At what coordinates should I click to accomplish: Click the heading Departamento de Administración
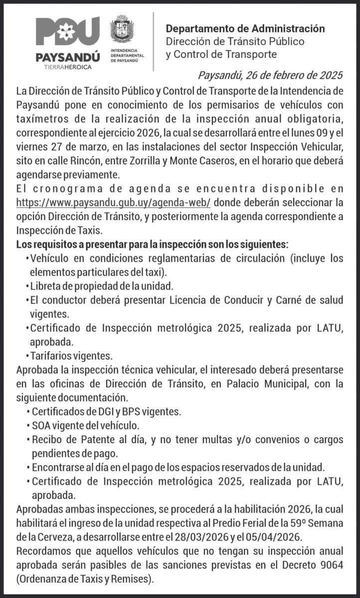pos(245,29)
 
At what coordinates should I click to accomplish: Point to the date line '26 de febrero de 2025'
pos(271,76)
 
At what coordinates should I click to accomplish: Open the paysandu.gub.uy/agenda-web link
pos(114,203)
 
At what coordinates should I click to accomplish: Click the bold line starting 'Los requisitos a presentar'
pos(152,245)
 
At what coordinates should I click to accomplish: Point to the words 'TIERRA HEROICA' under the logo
pos(68,66)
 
